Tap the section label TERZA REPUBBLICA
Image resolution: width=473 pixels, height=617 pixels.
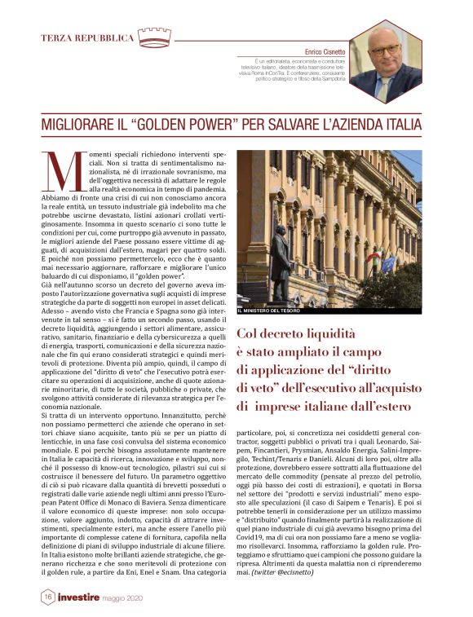pos(87,38)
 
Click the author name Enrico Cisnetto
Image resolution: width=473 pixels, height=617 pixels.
pos(325,51)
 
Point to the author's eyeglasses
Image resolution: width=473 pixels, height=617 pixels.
pos(383,51)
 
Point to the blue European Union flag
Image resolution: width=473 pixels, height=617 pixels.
pos(388,263)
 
